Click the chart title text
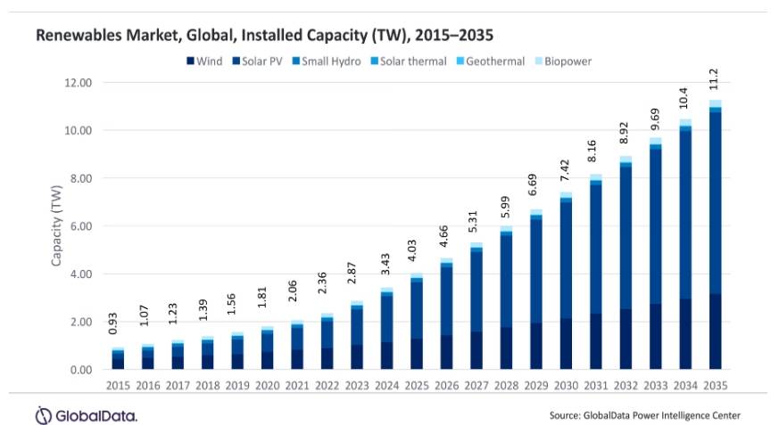pyautogui.click(x=264, y=35)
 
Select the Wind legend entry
pyautogui.click(x=205, y=61)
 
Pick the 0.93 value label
pyautogui.click(x=118, y=327)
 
